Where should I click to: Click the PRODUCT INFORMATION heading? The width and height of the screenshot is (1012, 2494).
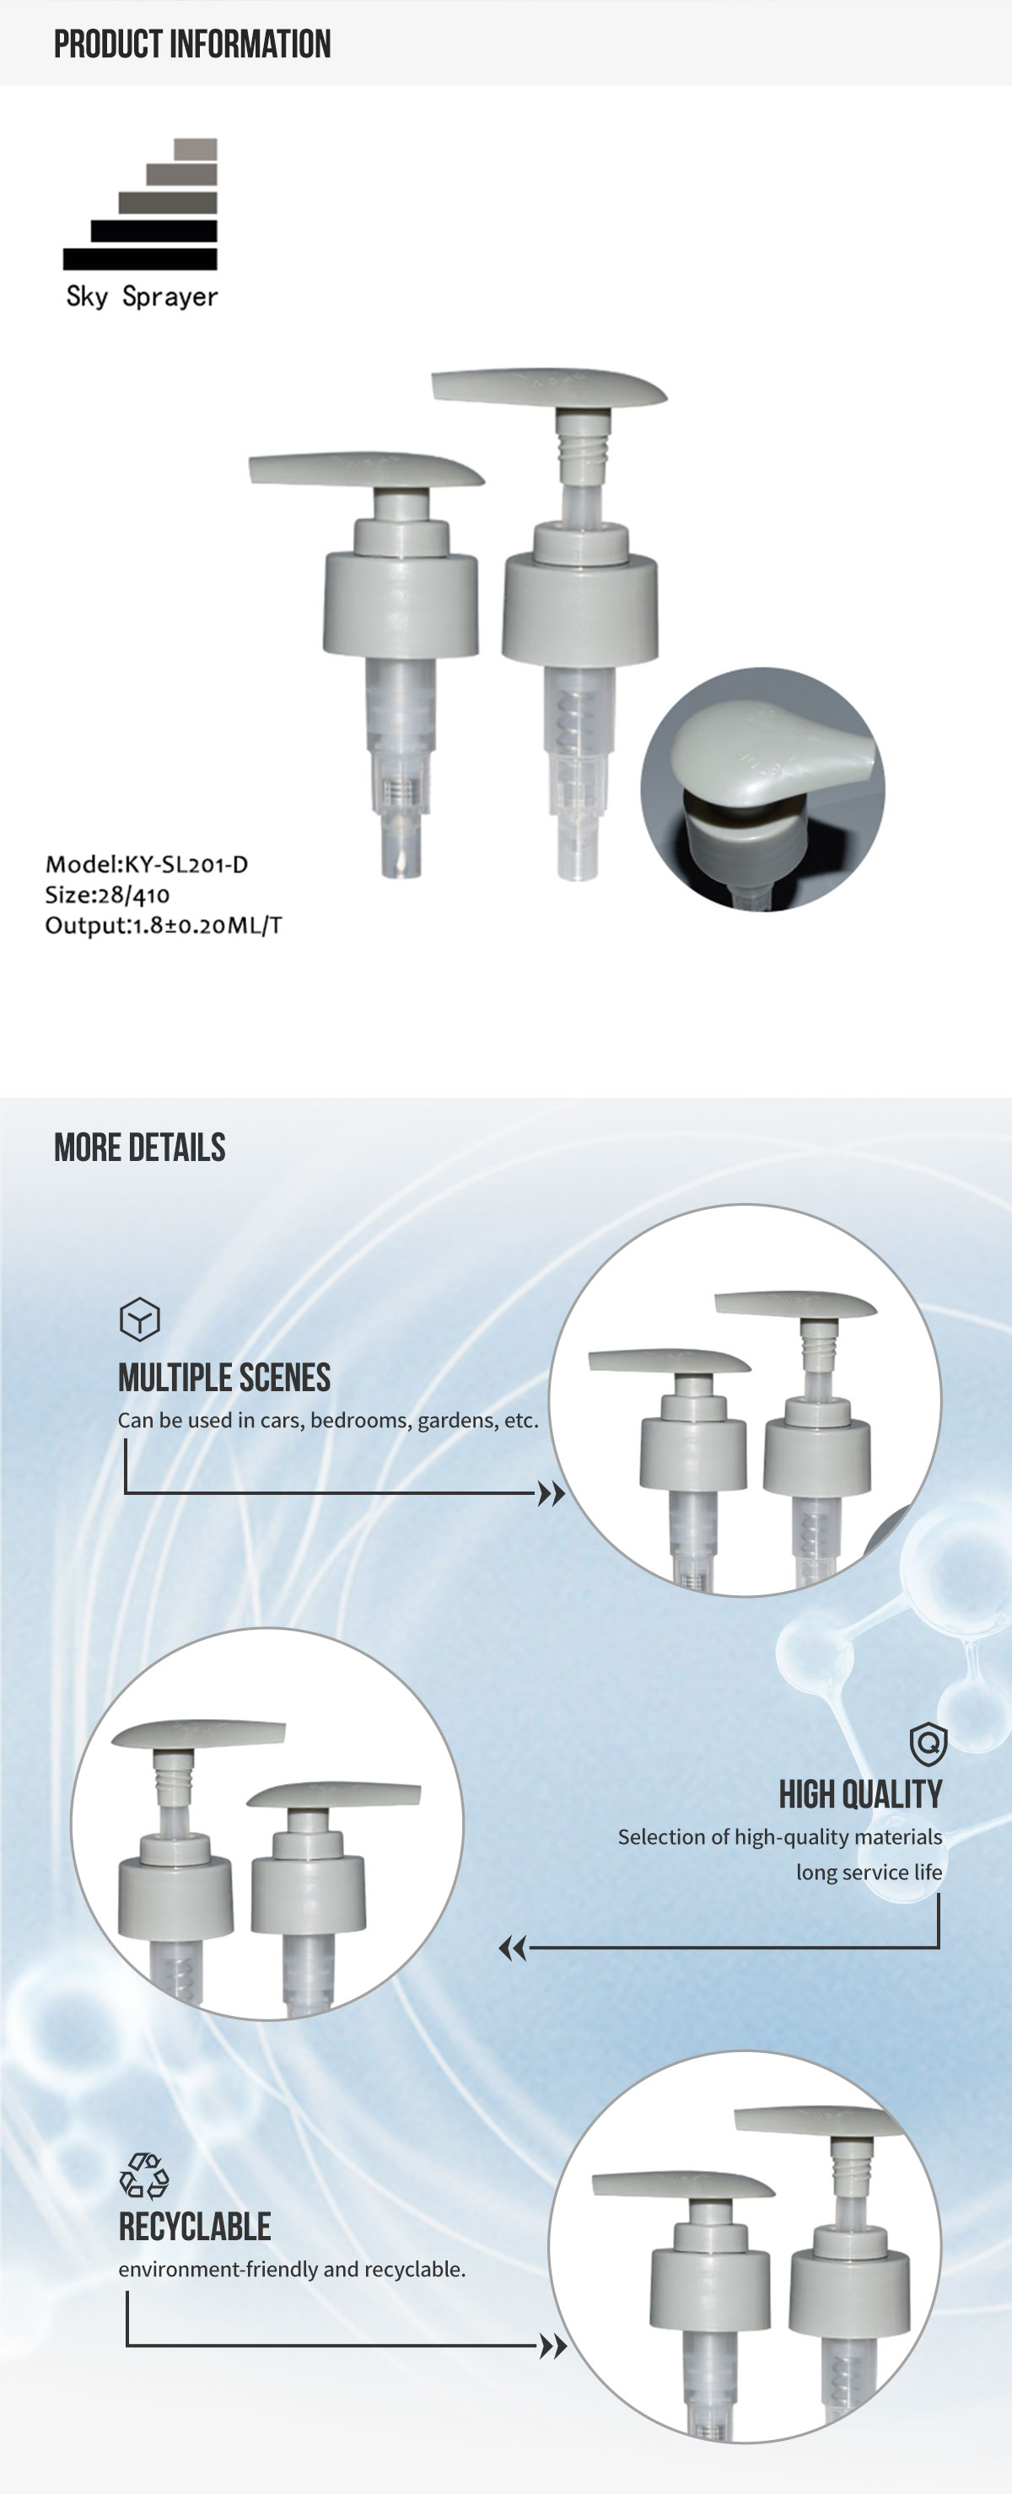pos(191,44)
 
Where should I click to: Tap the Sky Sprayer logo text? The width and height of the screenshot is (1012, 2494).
pos(142,296)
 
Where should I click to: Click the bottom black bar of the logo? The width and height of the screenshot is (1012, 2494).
pos(139,259)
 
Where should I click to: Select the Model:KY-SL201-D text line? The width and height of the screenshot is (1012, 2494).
pos(146,863)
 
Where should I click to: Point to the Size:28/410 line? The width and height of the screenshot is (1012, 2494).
pos(106,895)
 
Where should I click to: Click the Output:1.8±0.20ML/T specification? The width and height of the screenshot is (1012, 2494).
pos(164,926)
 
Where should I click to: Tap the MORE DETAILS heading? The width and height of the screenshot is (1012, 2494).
pos(139,1148)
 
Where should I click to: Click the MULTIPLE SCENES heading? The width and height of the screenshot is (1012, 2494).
pos(223,1378)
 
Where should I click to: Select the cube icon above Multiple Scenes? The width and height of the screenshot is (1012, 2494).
pos(139,1319)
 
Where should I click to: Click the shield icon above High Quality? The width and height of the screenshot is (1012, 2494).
pos(928,1744)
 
